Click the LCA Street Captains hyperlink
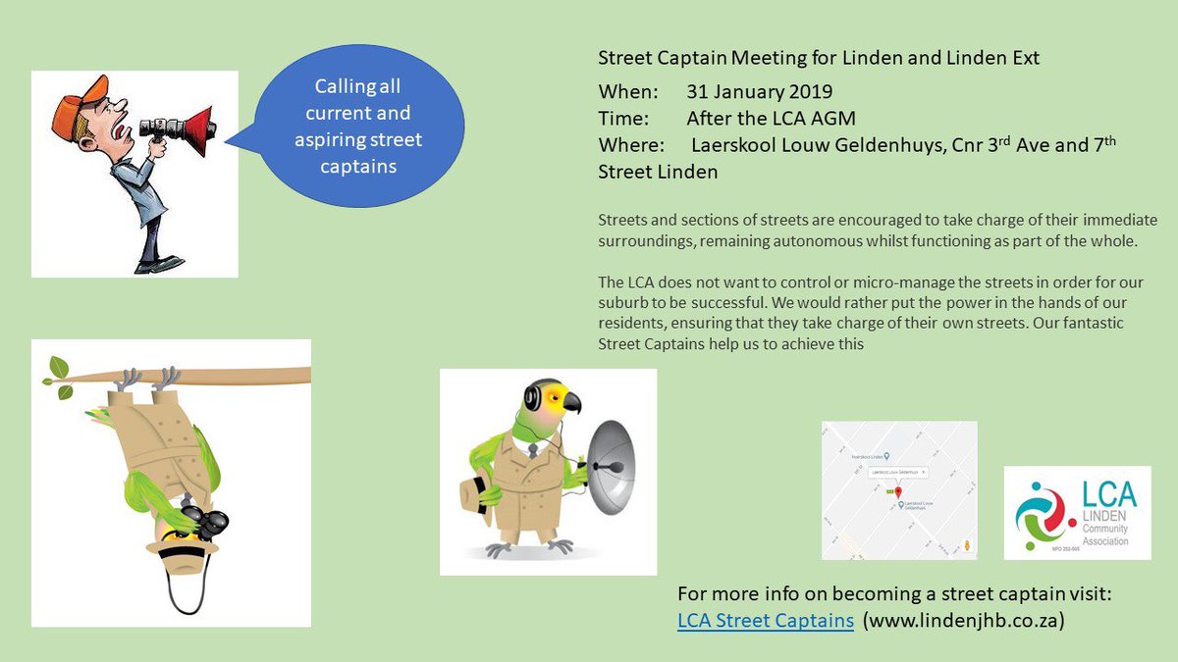765,620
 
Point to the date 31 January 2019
759,92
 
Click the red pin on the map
897,489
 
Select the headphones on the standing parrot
534,397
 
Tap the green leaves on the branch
58,379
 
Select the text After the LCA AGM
771,119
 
